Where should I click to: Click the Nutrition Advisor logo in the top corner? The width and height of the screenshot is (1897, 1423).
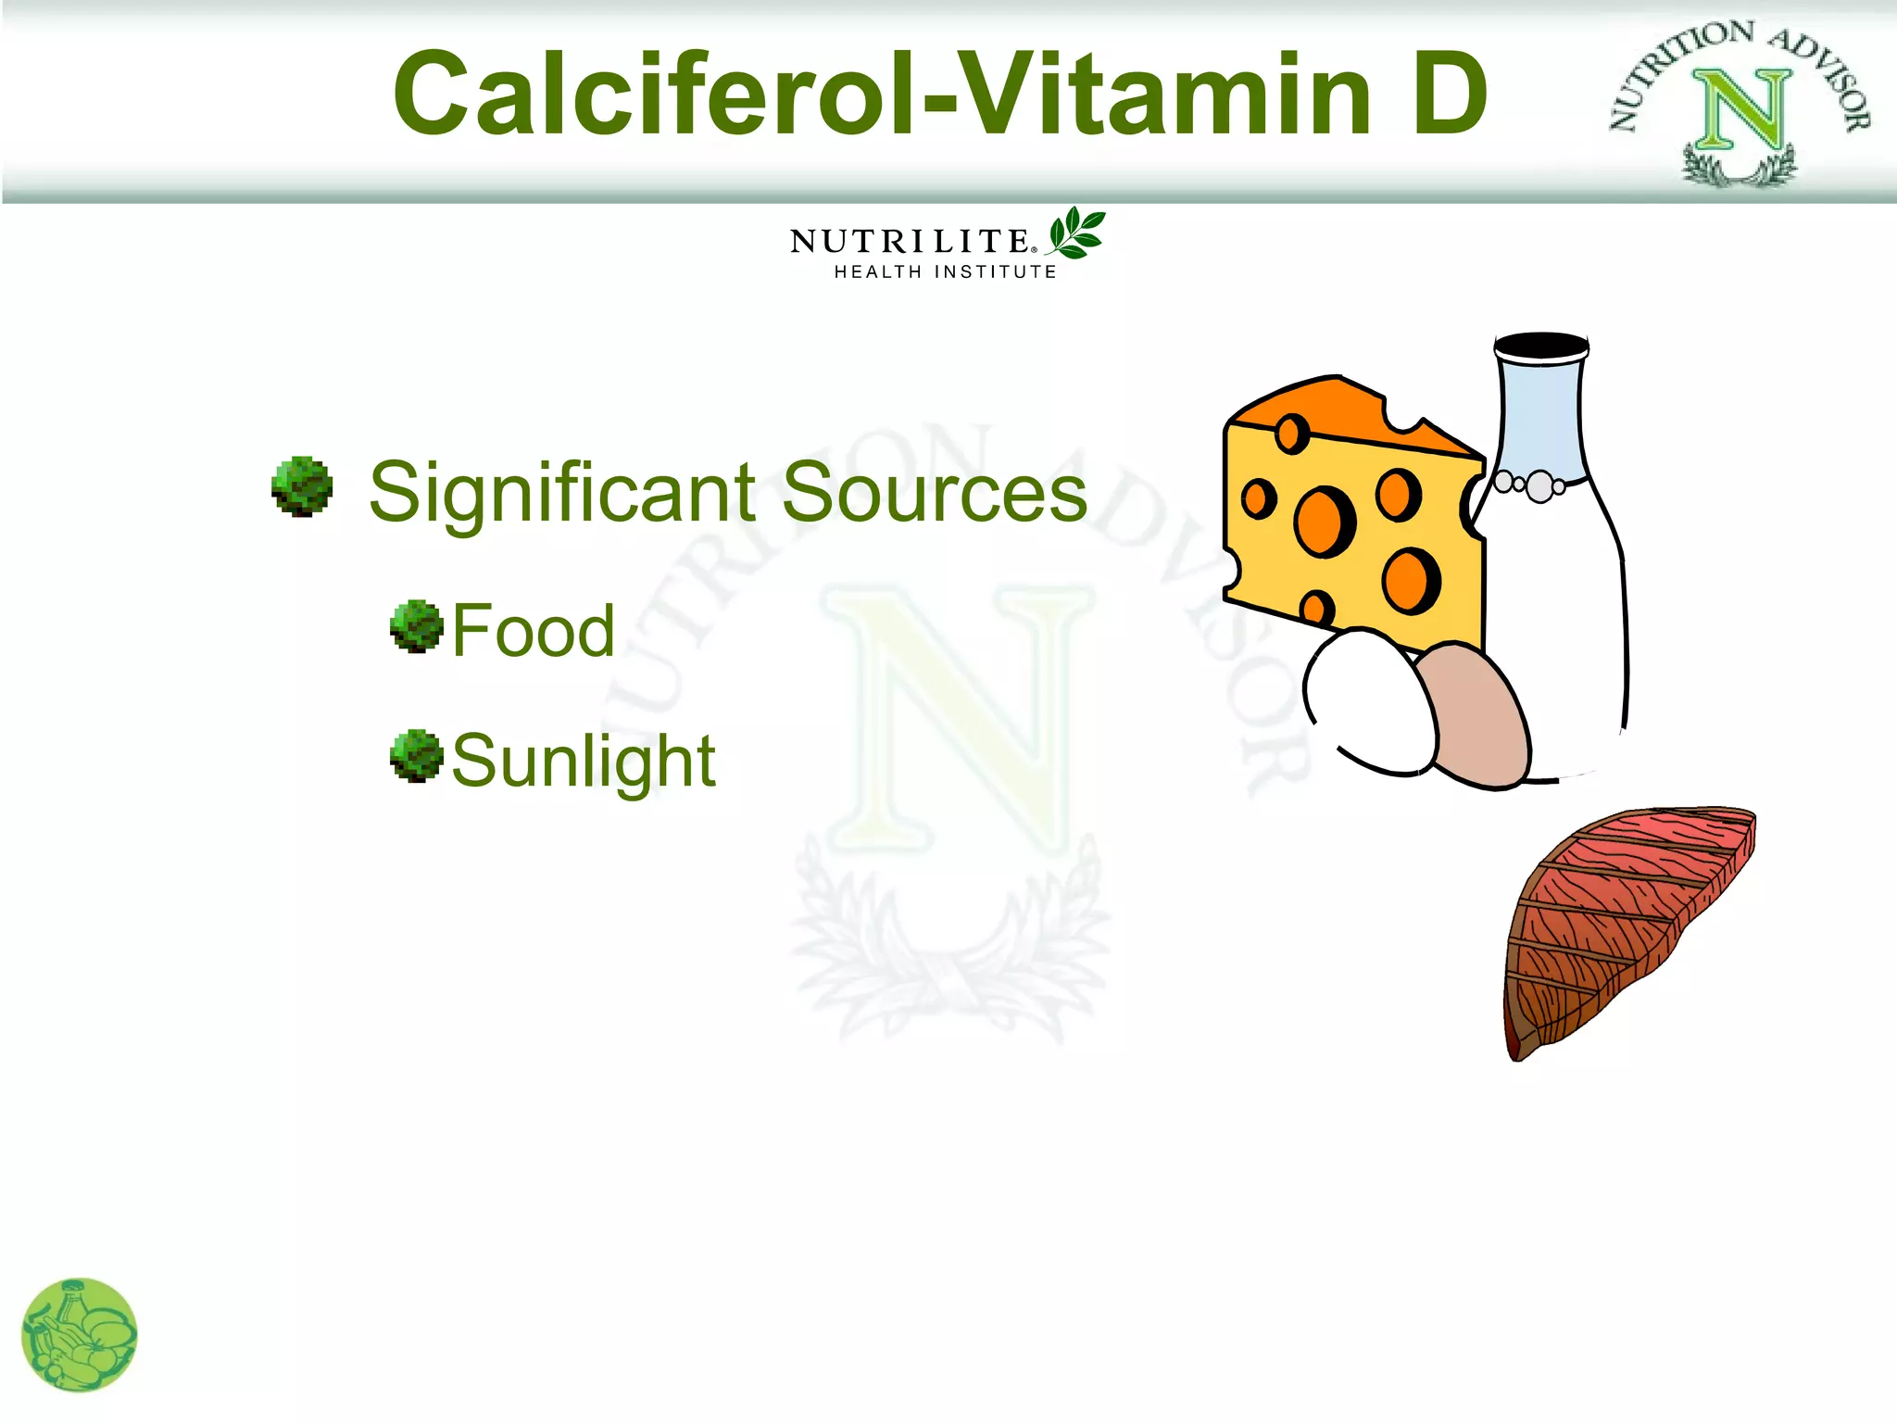pyautogui.click(x=1740, y=102)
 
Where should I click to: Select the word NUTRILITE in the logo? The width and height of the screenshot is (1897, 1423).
pyautogui.click(x=911, y=241)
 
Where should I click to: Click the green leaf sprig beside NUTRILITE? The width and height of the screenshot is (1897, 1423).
pyautogui.click(x=1076, y=233)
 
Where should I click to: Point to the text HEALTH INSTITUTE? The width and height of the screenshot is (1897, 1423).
pyautogui.click(x=945, y=272)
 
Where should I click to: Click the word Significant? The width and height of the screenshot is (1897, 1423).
pyautogui.click(x=563, y=492)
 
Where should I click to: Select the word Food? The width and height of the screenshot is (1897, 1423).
pyautogui.click(x=534, y=631)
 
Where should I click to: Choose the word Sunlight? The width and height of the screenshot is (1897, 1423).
pyautogui.click(x=584, y=762)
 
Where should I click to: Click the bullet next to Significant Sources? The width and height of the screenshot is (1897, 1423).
pyautogui.click(x=302, y=486)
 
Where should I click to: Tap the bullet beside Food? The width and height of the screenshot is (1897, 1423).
pyautogui.click(x=417, y=626)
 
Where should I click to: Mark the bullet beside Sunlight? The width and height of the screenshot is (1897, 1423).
pyautogui.click(x=417, y=756)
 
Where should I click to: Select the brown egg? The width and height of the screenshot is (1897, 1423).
pyautogui.click(x=1473, y=718)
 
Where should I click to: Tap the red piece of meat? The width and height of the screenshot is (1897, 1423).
pyautogui.click(x=1626, y=926)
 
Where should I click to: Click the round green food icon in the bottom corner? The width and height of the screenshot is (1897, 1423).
pyautogui.click(x=80, y=1335)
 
